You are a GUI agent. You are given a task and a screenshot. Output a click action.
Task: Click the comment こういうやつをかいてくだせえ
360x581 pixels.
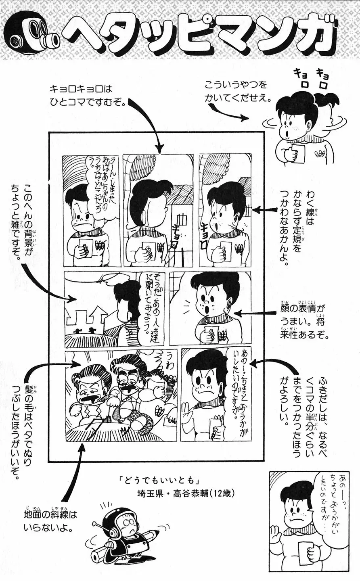(238, 92)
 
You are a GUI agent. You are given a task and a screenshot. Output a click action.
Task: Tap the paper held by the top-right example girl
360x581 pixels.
(297, 154)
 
